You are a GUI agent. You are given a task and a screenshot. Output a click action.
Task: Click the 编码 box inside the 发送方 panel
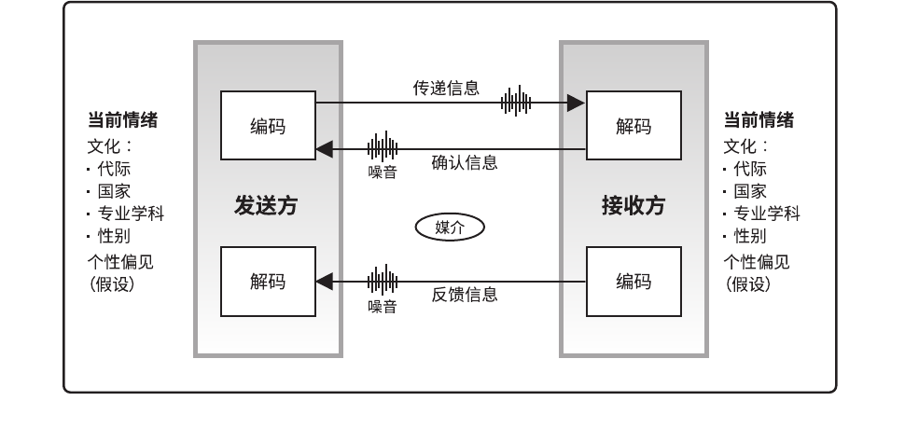pos(268,125)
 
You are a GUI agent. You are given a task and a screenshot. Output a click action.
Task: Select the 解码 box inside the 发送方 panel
pos(268,282)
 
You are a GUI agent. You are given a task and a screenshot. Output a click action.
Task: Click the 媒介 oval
pos(451,227)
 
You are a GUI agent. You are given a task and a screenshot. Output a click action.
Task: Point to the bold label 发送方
pos(266,206)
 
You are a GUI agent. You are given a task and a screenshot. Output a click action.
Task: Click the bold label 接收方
pos(633,206)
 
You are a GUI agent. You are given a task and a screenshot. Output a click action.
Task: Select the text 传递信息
pos(446,89)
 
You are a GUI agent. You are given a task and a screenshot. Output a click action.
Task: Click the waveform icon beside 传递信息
pos(516,102)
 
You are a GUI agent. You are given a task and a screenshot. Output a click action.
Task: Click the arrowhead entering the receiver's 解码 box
pos(578,102)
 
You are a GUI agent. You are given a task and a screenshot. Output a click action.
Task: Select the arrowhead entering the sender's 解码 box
pos(323,281)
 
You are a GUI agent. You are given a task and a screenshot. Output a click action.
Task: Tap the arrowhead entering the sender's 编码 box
pos(323,147)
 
